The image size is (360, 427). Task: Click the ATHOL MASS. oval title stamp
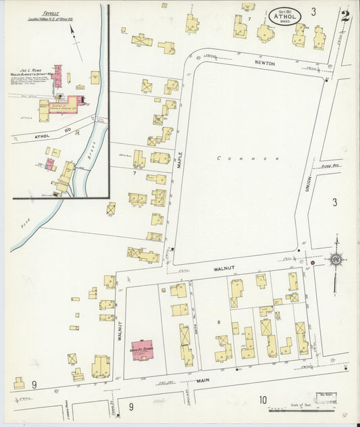click(283, 15)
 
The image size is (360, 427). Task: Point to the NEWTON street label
click(265, 63)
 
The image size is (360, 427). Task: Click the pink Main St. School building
click(143, 350)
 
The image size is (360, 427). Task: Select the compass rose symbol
click(336, 258)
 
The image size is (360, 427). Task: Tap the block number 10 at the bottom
click(263, 400)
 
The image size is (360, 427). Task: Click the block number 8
click(218, 322)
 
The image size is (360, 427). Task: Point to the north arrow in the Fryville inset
click(74, 49)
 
